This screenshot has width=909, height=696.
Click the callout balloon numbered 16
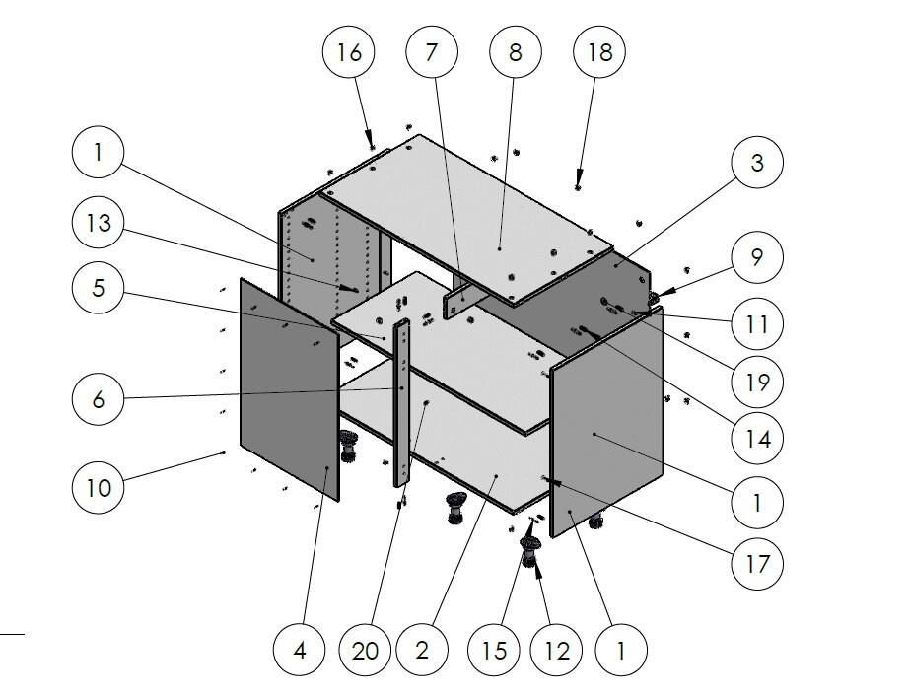349,52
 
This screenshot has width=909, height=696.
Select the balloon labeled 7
431,52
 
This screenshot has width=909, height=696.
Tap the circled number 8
516,52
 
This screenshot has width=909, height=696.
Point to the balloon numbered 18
599,52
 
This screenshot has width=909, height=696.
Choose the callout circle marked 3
757,163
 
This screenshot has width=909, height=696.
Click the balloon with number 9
757,257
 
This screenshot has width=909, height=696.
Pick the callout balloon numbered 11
757,323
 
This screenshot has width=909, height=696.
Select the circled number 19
757,381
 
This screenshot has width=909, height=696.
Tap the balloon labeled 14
757,437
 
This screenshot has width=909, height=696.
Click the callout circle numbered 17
757,564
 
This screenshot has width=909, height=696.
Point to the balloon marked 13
99,224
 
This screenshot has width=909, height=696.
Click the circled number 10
99,486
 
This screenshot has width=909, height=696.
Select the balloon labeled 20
365,650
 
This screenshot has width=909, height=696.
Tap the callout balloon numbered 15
495,650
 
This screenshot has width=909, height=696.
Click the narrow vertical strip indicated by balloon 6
402,404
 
